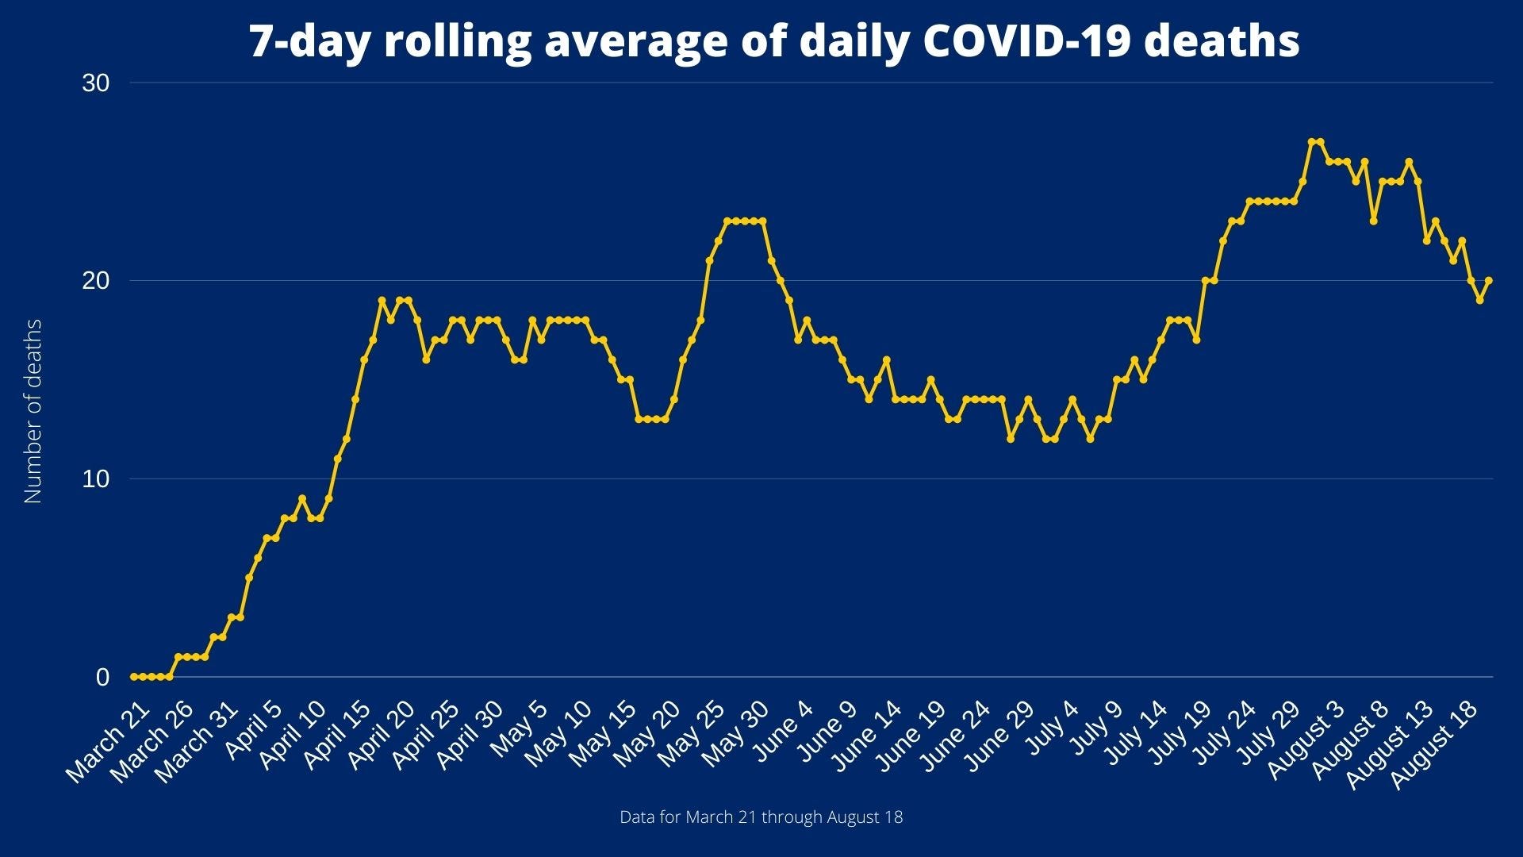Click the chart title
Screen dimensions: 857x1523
774,41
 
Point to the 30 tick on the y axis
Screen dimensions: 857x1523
95,83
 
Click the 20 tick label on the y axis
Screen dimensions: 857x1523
95,281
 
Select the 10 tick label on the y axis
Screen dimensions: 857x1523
95,479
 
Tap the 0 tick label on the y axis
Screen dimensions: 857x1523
102,678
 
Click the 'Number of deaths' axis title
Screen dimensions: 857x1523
33,411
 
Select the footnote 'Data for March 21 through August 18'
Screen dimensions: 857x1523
761,817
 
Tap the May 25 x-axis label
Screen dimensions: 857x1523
690,734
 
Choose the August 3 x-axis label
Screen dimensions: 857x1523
1310,740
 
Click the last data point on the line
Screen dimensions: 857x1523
1489,280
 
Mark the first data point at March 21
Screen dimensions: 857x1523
133,677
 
